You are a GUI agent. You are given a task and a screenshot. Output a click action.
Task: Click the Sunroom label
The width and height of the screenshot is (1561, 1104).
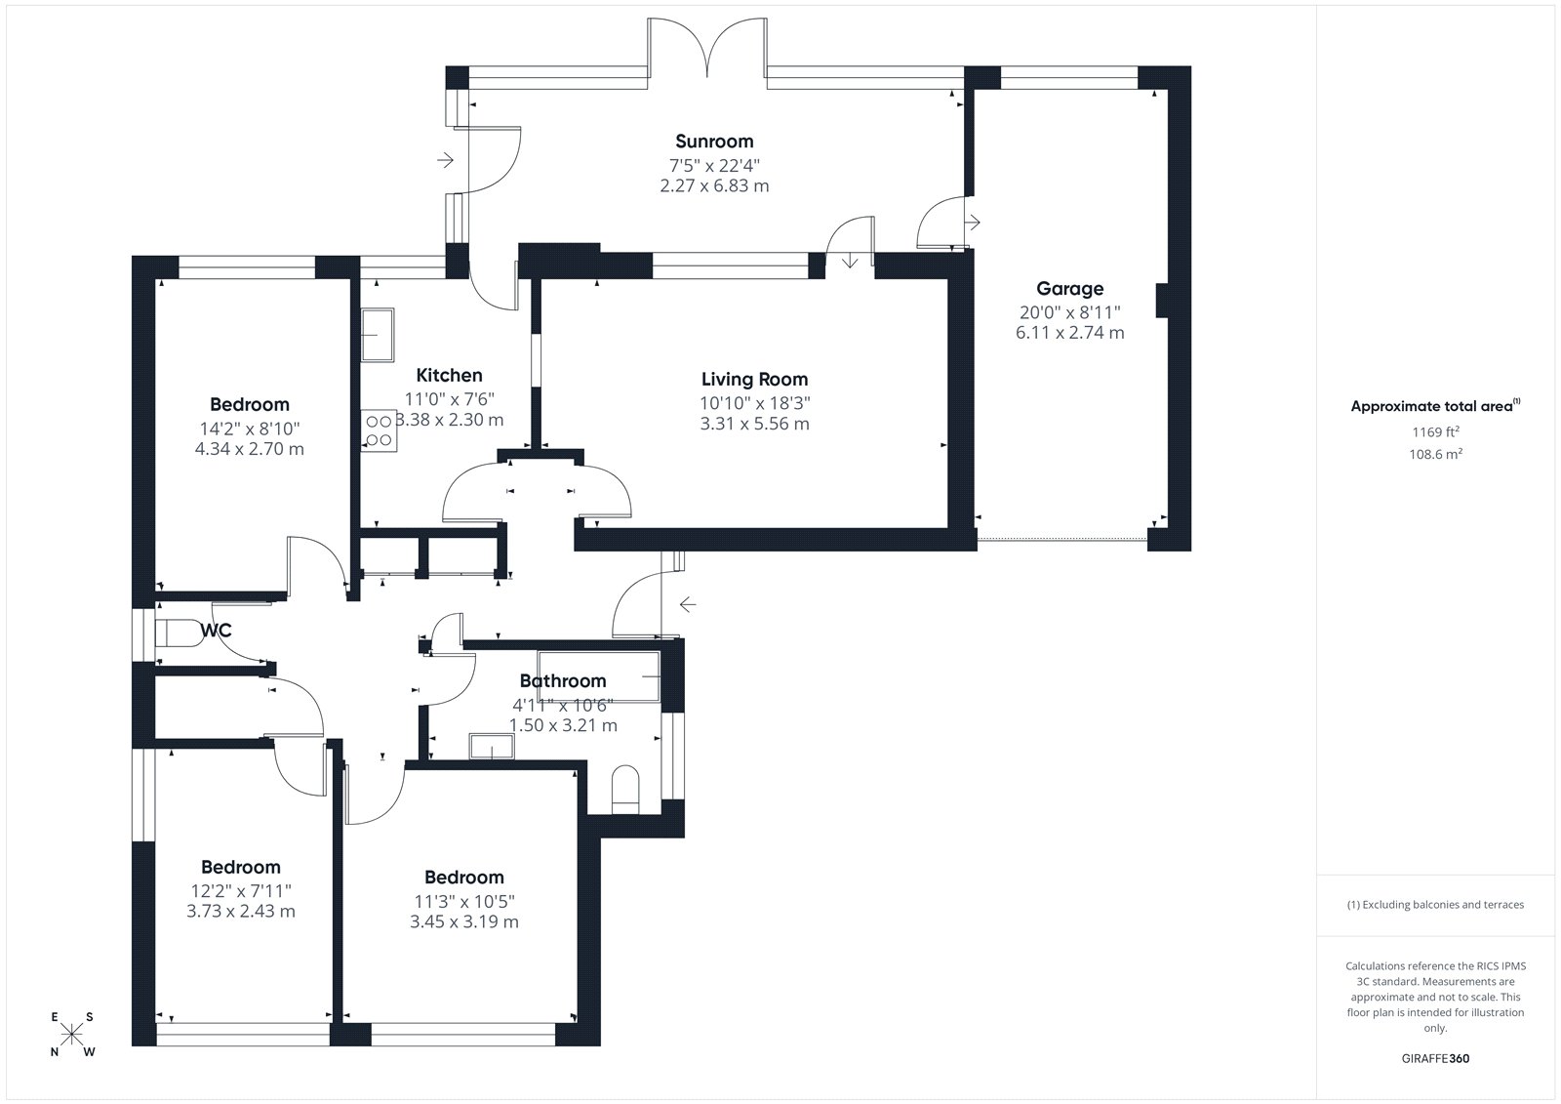point(714,142)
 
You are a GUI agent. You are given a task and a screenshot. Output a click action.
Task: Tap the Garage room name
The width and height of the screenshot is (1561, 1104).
point(1069,289)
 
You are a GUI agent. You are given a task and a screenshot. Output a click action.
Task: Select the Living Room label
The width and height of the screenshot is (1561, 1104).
point(755,380)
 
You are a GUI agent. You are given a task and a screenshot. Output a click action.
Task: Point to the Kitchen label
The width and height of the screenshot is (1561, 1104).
point(449,375)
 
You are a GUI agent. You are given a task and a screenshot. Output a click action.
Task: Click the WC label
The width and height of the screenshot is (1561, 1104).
point(216,631)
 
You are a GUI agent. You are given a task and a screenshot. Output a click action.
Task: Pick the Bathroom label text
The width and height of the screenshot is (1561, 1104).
point(563,680)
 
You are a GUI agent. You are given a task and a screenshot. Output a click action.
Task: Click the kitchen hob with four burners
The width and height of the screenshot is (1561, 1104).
point(379,430)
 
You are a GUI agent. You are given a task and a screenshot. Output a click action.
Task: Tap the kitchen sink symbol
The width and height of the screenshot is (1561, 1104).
point(377,335)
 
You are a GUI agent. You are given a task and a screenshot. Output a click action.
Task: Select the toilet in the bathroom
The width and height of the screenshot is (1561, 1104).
point(625,790)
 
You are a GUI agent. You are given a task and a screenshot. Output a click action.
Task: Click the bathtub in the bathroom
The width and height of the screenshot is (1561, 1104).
point(599,675)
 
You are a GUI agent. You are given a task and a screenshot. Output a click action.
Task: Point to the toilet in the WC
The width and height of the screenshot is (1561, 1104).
point(179,634)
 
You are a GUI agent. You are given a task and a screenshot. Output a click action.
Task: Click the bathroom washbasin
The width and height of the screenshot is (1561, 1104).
point(492,746)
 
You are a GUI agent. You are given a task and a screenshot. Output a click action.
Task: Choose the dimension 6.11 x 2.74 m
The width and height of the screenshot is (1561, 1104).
point(1069,333)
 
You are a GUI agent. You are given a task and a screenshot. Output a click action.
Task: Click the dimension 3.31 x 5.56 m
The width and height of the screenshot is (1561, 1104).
point(755,424)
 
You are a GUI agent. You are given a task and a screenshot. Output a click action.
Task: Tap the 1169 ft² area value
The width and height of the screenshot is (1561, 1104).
point(1435,431)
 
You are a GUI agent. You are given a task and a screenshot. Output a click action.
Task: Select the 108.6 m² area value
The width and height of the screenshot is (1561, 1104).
point(1435,454)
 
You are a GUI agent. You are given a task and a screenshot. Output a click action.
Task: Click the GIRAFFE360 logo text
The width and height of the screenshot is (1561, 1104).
point(1435,1058)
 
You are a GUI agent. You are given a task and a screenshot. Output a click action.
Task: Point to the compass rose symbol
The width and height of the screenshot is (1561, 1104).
point(72,1035)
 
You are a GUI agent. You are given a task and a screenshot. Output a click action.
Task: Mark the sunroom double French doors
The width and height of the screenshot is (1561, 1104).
point(707,48)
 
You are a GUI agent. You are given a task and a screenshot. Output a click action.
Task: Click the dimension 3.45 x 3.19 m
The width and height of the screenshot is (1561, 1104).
point(464,922)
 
